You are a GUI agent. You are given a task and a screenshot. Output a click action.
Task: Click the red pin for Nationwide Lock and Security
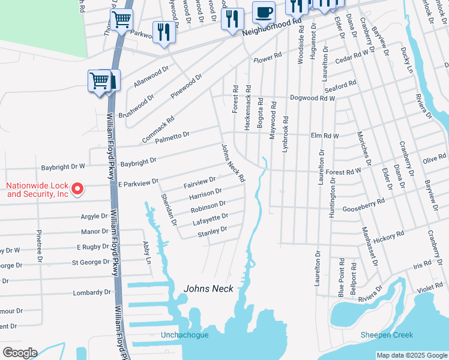pyautogui.click(x=77, y=190)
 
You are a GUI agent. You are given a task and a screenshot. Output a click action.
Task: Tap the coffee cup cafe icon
pyautogui.click(x=263, y=12)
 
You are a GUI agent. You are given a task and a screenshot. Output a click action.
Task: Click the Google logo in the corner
pyautogui.click(x=20, y=353)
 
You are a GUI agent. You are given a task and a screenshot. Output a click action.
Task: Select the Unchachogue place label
pyautogui.click(x=185, y=335)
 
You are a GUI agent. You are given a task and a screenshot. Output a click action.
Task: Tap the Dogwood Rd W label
pyautogui.click(x=312, y=98)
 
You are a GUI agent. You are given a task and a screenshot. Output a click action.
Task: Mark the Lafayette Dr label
pyautogui.click(x=210, y=218)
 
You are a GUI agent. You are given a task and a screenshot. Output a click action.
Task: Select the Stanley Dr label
pyautogui.click(x=212, y=231)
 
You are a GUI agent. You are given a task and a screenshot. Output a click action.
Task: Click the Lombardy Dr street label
pyautogui.click(x=91, y=293)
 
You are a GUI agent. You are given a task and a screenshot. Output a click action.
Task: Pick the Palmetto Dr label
pyautogui.click(x=172, y=137)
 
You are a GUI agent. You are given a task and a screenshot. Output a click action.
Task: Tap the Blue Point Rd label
pyautogui.click(x=341, y=278)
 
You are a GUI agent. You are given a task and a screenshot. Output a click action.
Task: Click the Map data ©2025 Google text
pyautogui.click(x=412, y=355)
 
